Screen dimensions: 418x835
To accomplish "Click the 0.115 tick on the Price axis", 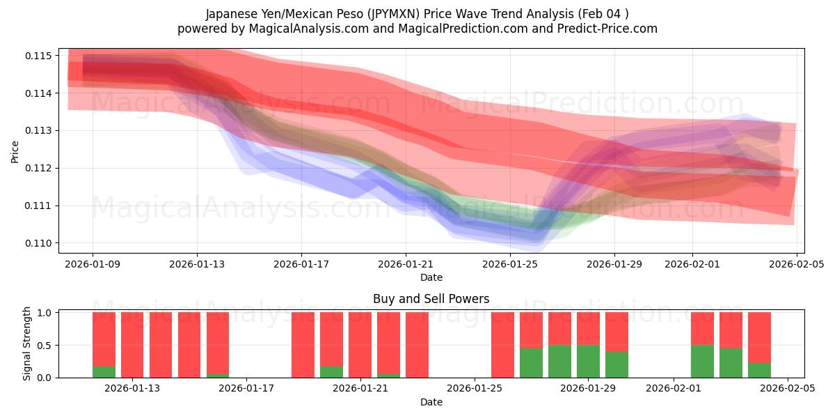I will [40, 56].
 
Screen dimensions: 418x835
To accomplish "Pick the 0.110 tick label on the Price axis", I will [40, 243].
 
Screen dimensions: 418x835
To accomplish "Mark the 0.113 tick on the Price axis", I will [40, 131].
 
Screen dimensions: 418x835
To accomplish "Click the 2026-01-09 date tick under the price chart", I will [93, 264].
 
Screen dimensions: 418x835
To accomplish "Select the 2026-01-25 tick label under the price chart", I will [511, 264].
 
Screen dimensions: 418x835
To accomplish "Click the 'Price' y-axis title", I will [15, 150].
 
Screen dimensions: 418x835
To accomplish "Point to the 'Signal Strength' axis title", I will [27, 343].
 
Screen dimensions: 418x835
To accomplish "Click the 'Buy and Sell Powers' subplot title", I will [431, 299].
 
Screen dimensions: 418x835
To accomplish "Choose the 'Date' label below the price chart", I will [431, 277].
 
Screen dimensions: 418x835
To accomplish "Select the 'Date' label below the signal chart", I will [431, 402].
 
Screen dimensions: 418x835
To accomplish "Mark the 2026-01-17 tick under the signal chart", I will [246, 388].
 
